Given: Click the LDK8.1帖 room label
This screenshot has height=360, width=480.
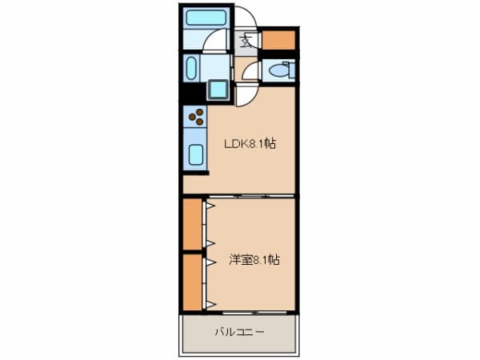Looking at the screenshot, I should pos(250,144).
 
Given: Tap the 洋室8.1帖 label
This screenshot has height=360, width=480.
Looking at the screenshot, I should pos(254,259).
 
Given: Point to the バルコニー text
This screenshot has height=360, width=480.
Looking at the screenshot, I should pos(239,331).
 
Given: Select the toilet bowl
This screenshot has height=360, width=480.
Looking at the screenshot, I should pos(280,70).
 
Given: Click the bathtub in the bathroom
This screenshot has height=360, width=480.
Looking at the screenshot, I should pos(206,18).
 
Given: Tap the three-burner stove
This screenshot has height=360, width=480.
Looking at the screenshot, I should pos(195,118).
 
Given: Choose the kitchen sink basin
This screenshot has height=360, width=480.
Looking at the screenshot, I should pos(195,154).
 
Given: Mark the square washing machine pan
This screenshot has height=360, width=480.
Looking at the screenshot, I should pos(218,90).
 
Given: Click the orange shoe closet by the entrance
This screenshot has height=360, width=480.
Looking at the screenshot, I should pos(278,38).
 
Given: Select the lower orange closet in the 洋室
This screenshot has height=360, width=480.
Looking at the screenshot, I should pos(192,282).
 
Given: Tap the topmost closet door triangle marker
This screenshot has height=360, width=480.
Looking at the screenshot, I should pos(210,206).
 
